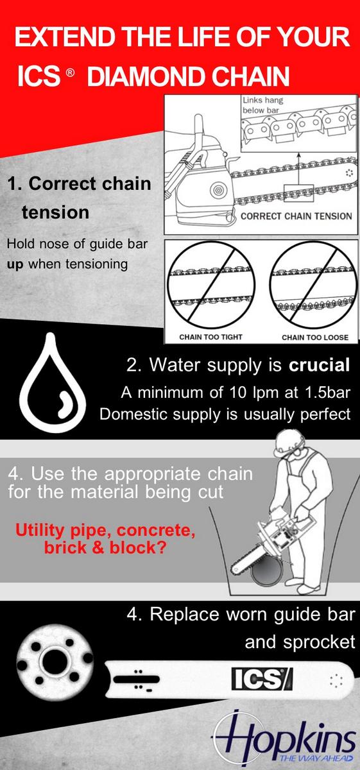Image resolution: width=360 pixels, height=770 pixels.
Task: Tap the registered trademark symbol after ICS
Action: (x=70, y=73)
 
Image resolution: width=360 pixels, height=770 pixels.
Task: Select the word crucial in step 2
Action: (x=320, y=364)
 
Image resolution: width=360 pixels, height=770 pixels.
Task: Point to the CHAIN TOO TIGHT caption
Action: (x=210, y=337)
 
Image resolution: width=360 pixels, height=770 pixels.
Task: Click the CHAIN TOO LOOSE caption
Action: (x=315, y=338)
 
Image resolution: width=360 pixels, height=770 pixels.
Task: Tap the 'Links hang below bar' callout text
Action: (x=263, y=105)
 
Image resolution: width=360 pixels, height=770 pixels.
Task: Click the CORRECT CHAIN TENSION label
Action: (x=296, y=216)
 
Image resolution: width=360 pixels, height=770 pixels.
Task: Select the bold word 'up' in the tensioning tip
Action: (x=15, y=265)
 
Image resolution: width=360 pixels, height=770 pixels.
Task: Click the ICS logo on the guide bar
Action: (x=262, y=679)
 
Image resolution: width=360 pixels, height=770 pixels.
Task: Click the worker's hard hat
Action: (x=289, y=443)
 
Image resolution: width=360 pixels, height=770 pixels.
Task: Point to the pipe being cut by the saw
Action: (x=268, y=569)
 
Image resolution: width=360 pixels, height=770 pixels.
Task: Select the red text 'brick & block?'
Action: (x=105, y=547)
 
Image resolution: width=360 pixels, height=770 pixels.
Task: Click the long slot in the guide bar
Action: (x=137, y=679)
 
